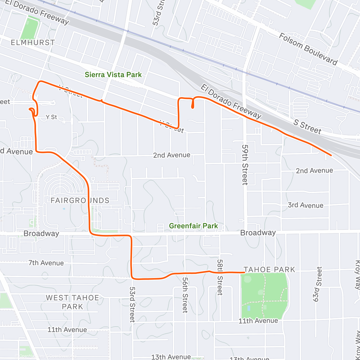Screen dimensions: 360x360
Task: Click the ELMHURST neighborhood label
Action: [x=33, y=43]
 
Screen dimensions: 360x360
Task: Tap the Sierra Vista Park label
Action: [x=113, y=75]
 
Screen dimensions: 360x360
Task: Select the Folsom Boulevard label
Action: [x=308, y=49]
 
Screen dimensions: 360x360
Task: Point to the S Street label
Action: [x=307, y=126]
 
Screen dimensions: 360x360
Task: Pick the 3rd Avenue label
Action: [x=305, y=205]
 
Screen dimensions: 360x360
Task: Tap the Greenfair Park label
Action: [x=193, y=226]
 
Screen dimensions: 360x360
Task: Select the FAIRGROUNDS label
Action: [x=80, y=200]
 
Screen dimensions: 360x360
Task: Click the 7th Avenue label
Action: [x=46, y=263]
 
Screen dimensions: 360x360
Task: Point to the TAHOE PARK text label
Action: [x=269, y=269]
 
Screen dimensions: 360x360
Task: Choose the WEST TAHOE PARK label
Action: [x=72, y=302]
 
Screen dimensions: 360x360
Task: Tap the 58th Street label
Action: [x=220, y=277]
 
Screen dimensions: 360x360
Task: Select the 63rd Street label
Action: [x=318, y=284]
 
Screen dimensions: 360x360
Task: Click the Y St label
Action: [x=51, y=117]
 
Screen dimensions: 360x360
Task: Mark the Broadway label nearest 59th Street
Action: [x=258, y=233]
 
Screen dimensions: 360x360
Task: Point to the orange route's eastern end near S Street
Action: [x=331, y=155]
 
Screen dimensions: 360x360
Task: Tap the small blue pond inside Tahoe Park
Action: [x=249, y=308]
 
